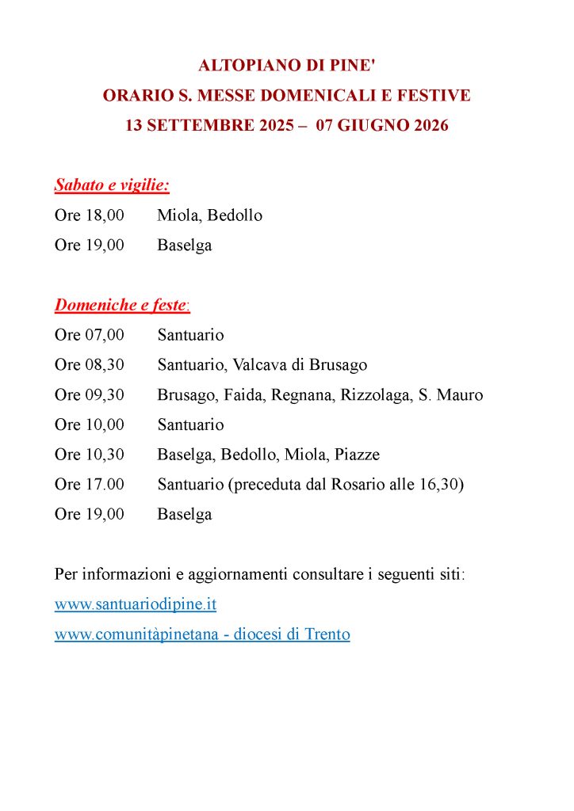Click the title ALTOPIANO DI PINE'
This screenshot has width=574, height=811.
pyautogui.click(x=286, y=65)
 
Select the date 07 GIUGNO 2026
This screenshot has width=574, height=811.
pyautogui.click(x=382, y=126)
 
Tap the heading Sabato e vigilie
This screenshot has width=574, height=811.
pyautogui.click(x=112, y=185)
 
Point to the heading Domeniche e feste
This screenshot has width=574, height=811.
pyautogui.click(x=121, y=305)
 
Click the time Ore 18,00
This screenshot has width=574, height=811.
pyautogui.click(x=90, y=215)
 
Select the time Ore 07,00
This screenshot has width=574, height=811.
pyautogui.click(x=90, y=335)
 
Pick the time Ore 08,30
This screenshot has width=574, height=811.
pyautogui.click(x=90, y=365)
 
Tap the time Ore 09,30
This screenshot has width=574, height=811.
pyautogui.click(x=90, y=395)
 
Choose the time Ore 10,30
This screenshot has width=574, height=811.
pyautogui.click(x=90, y=455)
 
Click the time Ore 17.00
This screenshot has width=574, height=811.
pyautogui.click(x=90, y=485)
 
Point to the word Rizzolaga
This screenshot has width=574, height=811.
pyautogui.click(x=373, y=395)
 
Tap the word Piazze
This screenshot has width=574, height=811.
pyautogui.click(x=357, y=455)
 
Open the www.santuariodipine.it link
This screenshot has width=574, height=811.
pyautogui.click(x=136, y=604)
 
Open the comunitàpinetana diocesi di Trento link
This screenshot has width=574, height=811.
pyautogui.click(x=202, y=634)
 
